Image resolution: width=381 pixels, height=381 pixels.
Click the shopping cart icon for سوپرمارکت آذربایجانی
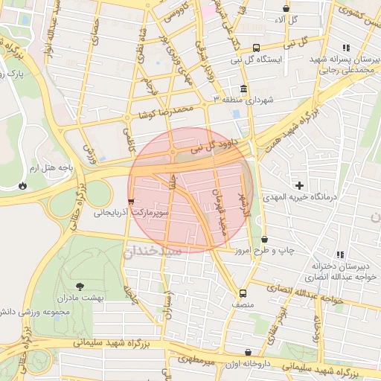(x=132, y=201)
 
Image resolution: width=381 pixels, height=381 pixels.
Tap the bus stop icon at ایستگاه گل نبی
(x=257, y=47)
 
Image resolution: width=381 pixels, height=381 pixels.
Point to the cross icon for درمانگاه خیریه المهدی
(x=300, y=185)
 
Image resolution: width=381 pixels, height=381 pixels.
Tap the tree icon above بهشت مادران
(x=80, y=285)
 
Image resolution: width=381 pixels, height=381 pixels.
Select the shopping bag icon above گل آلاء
(x=285, y=7)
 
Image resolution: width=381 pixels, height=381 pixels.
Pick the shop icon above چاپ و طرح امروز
(x=266, y=239)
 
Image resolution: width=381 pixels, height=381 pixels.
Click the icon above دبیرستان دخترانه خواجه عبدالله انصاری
(x=340, y=254)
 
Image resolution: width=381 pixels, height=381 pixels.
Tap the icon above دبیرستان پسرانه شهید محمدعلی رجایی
(x=346, y=48)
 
